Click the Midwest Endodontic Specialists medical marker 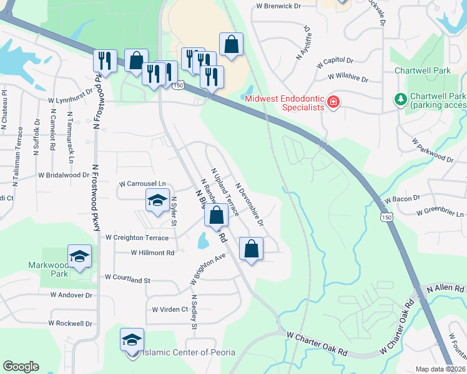333,102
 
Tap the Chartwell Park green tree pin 400,98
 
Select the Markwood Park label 48,269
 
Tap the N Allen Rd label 446,289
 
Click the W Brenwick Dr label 278,6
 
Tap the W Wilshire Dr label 348,79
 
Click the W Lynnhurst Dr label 71,100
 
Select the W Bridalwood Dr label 64,176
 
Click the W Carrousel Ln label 144,184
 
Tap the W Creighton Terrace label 137,237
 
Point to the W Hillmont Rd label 152,252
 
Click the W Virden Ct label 170,309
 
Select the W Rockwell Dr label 70,324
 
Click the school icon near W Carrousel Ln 157,201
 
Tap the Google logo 21,367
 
